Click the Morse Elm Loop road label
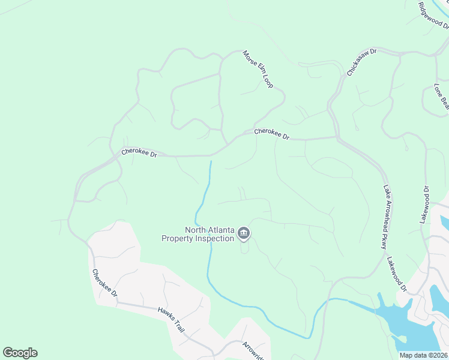258,69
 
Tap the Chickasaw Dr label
361,62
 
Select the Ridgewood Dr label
434,15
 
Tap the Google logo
20,353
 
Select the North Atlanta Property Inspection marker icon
244,233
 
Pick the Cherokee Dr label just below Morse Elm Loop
271,134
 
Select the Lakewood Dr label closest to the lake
397,275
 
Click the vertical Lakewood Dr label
426,205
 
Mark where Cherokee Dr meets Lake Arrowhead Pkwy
336,137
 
